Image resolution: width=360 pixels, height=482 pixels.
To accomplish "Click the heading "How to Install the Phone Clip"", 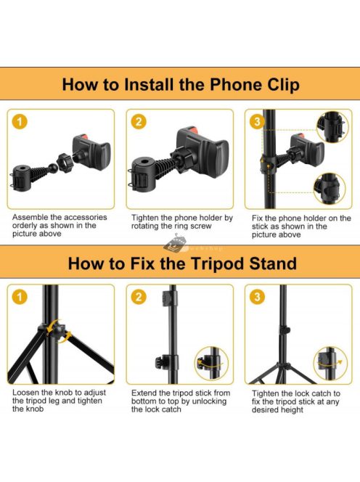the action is coord(181,84).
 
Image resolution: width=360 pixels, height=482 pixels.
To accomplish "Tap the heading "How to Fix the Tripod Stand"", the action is coord(182,264).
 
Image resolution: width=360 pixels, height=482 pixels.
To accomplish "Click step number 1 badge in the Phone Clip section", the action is coord(20,122).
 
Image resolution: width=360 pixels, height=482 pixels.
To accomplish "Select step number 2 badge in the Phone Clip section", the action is coord(139,122).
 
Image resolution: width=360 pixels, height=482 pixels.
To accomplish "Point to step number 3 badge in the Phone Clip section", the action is coord(257,122).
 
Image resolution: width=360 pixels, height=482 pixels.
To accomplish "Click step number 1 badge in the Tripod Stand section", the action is coord(20,297).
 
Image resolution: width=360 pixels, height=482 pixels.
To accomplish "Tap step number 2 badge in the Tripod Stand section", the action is coord(139,297).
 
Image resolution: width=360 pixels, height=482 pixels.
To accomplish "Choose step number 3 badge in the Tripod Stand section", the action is coord(257,297).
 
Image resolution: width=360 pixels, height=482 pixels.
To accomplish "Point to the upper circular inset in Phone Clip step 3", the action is coord(332,127).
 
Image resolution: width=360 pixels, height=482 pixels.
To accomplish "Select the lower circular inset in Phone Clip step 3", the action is coord(330,189).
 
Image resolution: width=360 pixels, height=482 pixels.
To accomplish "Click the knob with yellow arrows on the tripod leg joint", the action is coord(57,332).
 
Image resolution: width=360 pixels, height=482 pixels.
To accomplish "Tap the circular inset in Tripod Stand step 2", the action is coord(211,363).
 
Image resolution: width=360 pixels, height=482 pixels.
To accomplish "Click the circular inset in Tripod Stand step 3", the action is coord(330,363).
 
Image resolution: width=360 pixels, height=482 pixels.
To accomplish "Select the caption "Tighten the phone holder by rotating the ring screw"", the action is coord(182,222).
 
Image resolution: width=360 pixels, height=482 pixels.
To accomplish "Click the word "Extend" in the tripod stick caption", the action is coord(143,393).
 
